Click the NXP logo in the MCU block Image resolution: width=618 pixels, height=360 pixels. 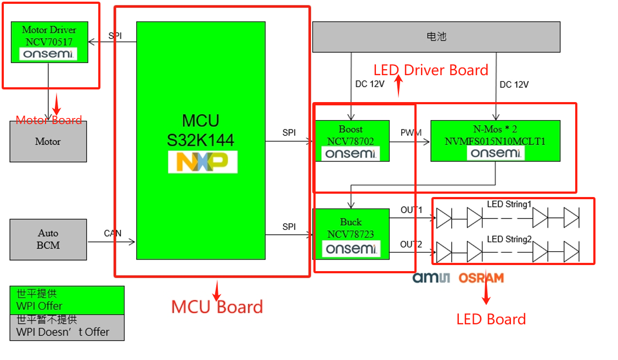point(203,162)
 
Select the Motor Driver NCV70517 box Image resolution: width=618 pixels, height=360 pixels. point(49,42)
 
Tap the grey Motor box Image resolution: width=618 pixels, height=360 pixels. point(48,142)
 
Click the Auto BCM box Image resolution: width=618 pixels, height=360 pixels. point(48,239)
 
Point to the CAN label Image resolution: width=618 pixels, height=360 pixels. point(113,233)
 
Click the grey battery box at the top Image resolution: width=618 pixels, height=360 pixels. point(436,37)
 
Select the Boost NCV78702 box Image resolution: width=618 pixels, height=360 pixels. point(351,140)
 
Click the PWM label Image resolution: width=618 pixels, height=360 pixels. point(411,133)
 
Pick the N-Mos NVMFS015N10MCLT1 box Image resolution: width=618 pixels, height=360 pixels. point(495,140)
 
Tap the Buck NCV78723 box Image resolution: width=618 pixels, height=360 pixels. point(351,234)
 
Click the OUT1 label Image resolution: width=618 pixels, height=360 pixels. point(411,210)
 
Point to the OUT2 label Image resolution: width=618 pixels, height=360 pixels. point(411,244)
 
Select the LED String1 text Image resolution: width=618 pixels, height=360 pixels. point(509,205)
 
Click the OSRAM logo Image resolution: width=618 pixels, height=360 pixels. point(481,278)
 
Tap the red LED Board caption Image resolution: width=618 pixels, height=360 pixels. point(491,319)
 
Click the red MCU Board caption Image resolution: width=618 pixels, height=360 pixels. point(217,307)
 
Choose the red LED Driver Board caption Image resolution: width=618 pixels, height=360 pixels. point(431,70)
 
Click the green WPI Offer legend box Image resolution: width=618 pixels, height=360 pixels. point(67,300)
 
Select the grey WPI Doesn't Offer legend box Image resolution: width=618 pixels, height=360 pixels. point(67,327)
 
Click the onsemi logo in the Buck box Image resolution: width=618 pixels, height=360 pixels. point(351,249)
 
